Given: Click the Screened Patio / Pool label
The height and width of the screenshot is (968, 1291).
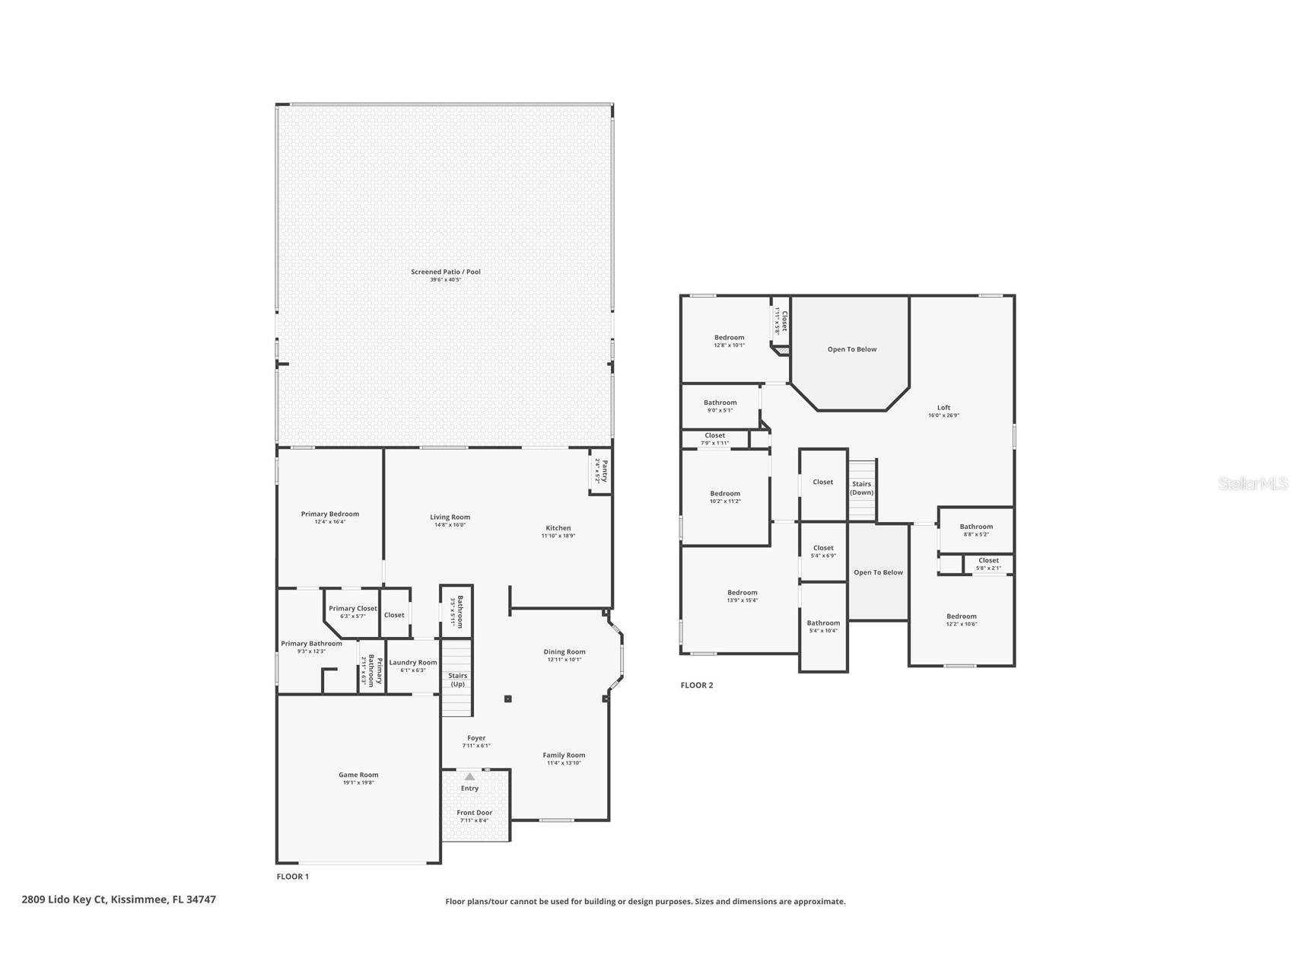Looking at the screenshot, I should [445, 272].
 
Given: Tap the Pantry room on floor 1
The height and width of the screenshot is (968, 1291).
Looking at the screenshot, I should [601, 471].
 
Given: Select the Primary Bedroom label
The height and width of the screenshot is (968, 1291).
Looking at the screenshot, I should [329, 514].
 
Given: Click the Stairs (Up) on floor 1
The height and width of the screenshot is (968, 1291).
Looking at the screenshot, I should [457, 679].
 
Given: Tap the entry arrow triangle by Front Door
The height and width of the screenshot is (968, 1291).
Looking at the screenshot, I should [469, 776].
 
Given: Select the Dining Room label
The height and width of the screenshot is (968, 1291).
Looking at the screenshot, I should [564, 651].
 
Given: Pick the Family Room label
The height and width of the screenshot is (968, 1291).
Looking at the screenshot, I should [564, 755].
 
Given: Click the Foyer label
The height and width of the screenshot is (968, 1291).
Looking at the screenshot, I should [476, 737].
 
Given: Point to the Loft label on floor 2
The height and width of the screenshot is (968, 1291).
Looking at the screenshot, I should [943, 407].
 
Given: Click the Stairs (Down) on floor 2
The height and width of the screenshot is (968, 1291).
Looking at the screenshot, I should [862, 488].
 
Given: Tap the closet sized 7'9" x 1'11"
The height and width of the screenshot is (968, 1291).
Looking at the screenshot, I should [714, 438].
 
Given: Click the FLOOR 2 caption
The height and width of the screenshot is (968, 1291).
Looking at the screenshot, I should [697, 685].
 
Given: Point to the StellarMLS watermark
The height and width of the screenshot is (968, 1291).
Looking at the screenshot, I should [1252, 483].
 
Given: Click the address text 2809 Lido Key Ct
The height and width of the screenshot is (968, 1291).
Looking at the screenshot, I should [119, 899].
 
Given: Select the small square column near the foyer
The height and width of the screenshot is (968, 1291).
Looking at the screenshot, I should [507, 699].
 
